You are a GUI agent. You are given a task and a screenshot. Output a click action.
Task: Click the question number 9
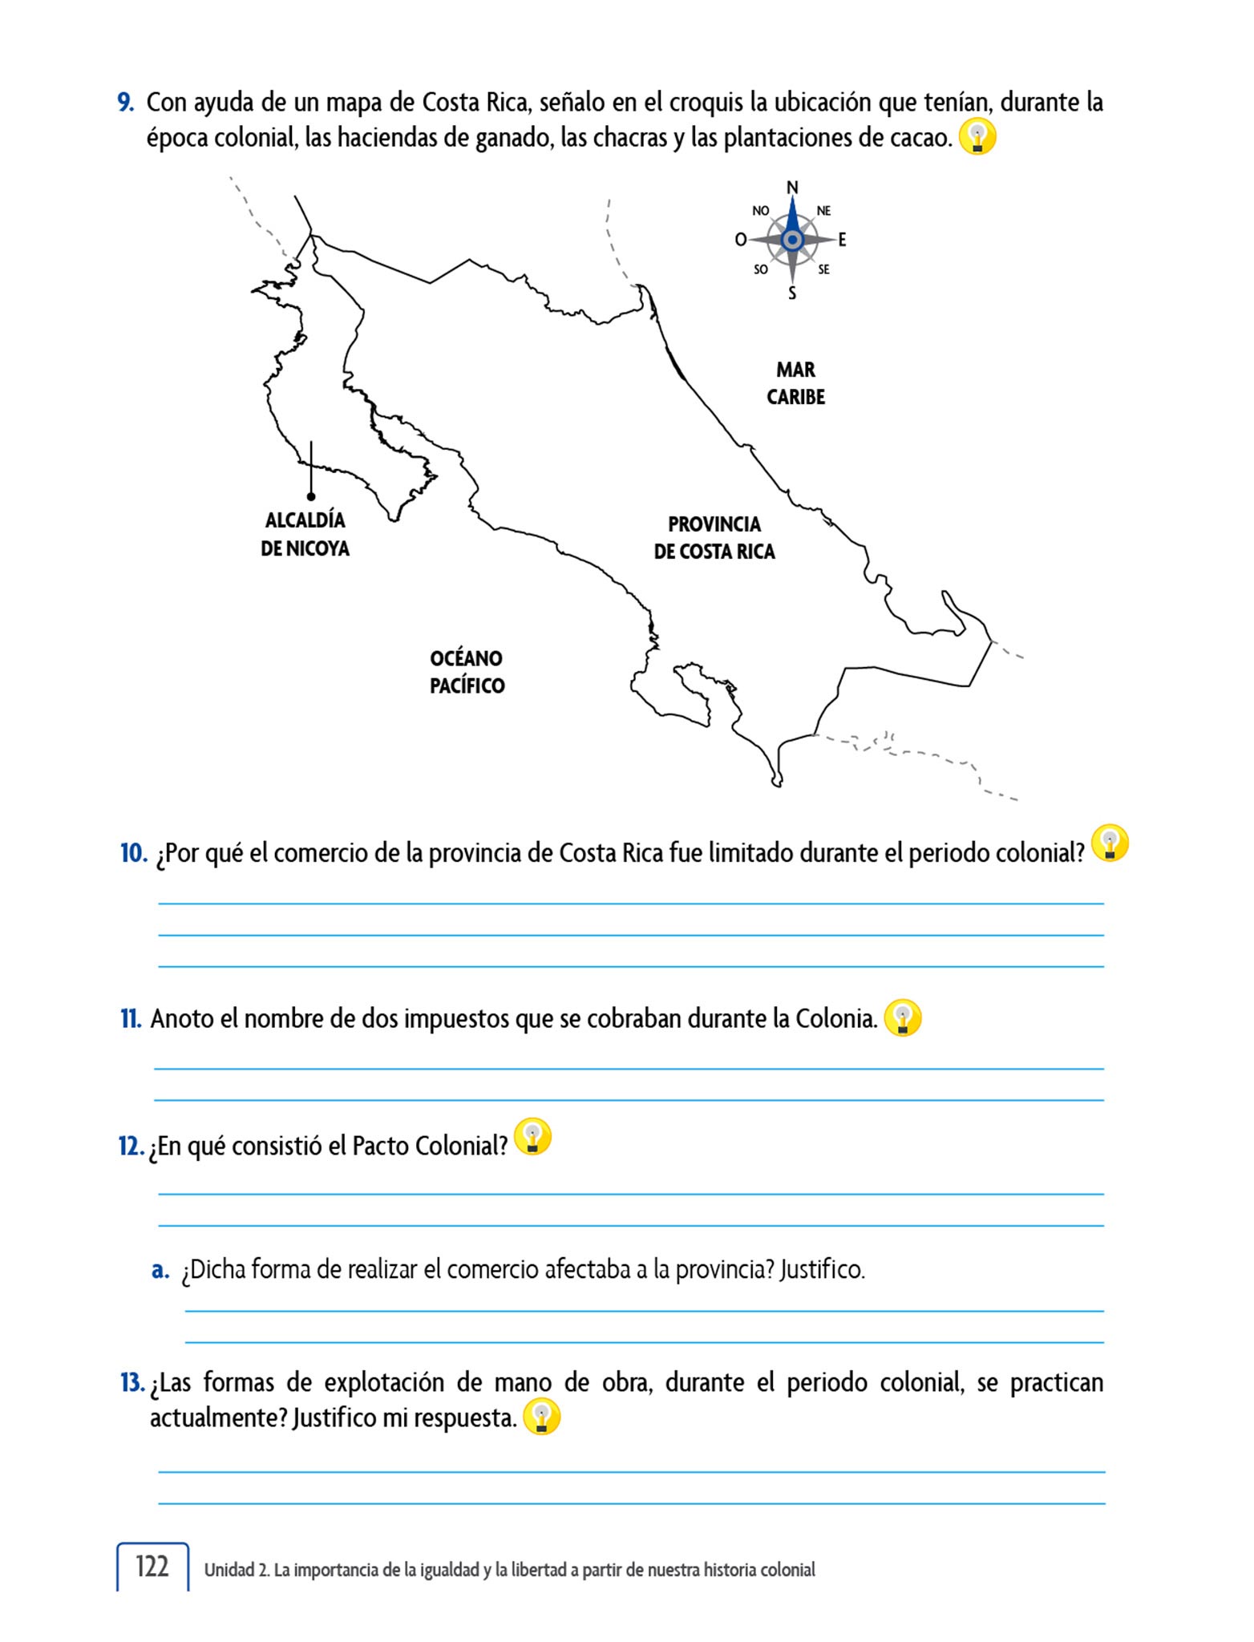[x=125, y=103]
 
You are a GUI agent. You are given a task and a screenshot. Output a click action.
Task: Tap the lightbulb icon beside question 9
[x=977, y=137]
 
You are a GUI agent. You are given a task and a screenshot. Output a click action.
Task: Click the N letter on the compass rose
[x=792, y=188]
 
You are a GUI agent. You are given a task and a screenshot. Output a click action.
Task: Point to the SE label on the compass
[x=823, y=270]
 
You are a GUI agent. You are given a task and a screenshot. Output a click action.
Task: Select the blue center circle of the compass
[x=792, y=240]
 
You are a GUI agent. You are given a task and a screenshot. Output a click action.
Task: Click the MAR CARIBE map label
[x=795, y=383]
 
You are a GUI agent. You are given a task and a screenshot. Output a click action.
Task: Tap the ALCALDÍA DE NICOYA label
[x=305, y=534]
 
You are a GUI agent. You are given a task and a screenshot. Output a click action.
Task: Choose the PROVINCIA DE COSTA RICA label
[x=714, y=538]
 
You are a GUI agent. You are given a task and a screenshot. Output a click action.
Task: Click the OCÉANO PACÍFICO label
[x=467, y=672]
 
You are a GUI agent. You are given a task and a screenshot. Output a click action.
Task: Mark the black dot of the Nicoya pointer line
[x=311, y=497]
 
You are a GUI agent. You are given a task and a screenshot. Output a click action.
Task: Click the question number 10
[x=134, y=853]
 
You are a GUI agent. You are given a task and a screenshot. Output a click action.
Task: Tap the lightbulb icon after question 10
[x=1110, y=843]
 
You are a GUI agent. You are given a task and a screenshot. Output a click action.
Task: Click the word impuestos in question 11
[x=456, y=1019]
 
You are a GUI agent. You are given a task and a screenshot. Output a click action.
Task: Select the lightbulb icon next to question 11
[x=903, y=1018]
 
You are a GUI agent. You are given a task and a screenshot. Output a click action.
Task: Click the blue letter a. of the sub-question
[x=160, y=1270]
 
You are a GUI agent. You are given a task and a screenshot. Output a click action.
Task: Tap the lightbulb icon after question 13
[x=541, y=1418]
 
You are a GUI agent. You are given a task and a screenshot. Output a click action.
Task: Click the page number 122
[x=152, y=1566]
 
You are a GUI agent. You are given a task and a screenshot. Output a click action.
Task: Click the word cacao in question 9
[x=920, y=138]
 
